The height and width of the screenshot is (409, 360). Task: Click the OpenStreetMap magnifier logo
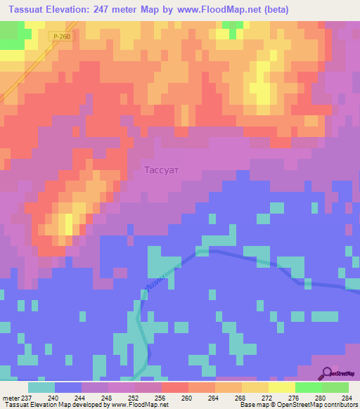tap(326, 373)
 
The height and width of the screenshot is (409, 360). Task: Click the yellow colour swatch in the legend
tap(281, 387)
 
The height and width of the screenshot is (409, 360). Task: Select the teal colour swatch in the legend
tap(41, 387)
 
